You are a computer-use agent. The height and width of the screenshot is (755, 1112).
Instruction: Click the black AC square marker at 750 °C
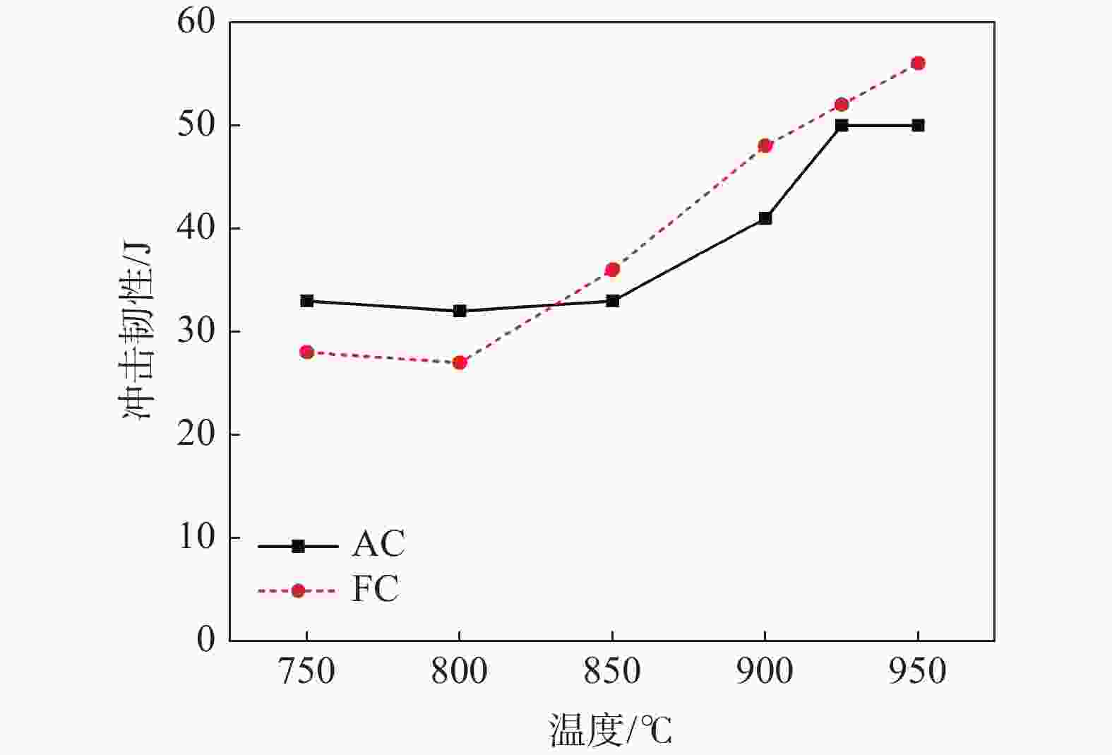pos(306,301)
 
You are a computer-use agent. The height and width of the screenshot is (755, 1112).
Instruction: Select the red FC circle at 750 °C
pos(306,352)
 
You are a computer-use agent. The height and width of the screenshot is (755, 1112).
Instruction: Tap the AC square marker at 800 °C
pos(460,311)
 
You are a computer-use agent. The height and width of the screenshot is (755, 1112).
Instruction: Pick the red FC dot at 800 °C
pos(460,362)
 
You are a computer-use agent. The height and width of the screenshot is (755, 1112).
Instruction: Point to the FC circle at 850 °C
pos(612,270)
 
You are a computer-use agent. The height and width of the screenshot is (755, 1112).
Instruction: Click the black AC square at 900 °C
pos(765,218)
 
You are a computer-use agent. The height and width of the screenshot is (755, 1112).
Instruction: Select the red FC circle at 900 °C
pos(765,146)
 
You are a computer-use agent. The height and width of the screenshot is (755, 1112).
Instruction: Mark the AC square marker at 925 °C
pos(842,126)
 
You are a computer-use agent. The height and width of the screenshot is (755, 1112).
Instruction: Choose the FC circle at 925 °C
pos(842,105)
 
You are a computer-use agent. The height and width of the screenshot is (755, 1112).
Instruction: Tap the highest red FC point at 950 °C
pos(918,64)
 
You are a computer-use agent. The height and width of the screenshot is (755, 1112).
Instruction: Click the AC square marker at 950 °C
pos(918,126)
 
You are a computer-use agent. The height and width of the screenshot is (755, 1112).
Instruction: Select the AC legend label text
pos(378,544)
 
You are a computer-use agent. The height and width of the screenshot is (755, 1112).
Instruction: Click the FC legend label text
pos(375,589)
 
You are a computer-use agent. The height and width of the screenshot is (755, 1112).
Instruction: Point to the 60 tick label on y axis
pos(196,23)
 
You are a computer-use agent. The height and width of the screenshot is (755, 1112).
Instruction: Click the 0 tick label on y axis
pos(205,640)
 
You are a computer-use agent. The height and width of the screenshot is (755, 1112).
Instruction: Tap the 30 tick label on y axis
pos(196,331)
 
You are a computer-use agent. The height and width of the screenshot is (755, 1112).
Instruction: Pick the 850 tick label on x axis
pos(612,671)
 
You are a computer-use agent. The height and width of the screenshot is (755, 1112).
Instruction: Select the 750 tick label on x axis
pos(306,671)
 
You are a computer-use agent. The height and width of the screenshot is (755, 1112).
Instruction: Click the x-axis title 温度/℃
pos(611,730)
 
